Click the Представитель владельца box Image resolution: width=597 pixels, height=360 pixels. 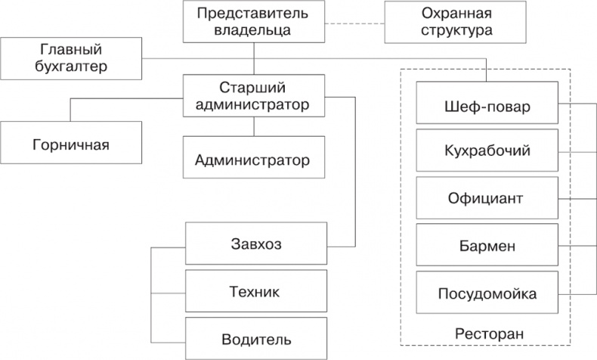pos(253,22)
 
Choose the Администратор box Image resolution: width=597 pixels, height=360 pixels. pos(253,159)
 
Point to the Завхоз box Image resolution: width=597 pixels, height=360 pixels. pos(255,244)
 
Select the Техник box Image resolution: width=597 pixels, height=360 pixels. pos(255,291)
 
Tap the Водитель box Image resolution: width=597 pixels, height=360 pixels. pos(255,338)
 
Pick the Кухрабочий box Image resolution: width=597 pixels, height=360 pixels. pos(487,152)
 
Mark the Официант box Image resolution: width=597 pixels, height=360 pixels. pos(487,199)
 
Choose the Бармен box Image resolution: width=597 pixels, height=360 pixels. pos(487,246)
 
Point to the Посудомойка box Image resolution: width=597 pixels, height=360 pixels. pos(487,293)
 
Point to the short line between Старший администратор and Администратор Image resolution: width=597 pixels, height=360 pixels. pos(253,126)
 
